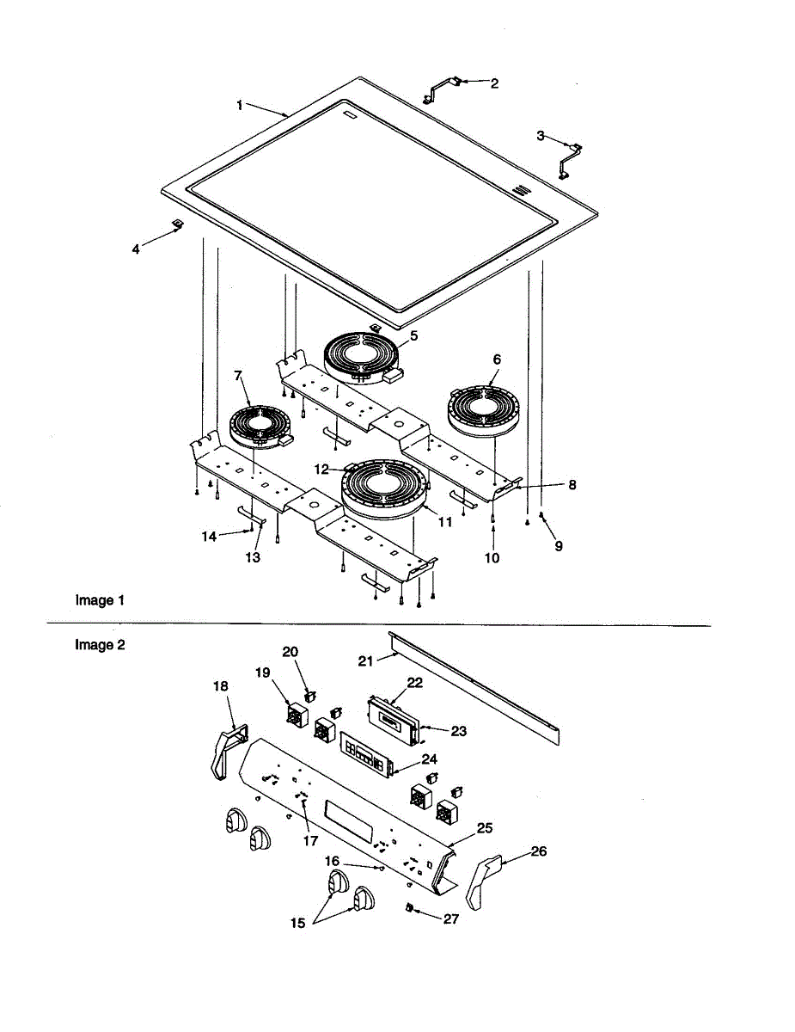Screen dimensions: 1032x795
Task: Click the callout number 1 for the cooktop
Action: tap(241, 105)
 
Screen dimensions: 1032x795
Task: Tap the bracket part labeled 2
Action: tap(443, 87)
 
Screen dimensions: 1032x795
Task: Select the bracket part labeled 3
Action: tap(570, 157)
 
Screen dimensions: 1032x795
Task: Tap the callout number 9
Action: tap(559, 545)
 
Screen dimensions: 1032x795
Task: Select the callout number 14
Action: tap(209, 537)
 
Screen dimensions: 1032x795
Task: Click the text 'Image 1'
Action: tap(100, 600)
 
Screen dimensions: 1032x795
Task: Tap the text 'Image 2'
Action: tap(100, 644)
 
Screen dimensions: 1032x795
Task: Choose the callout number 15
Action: tap(297, 923)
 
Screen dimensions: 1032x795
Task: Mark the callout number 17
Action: tap(310, 840)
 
